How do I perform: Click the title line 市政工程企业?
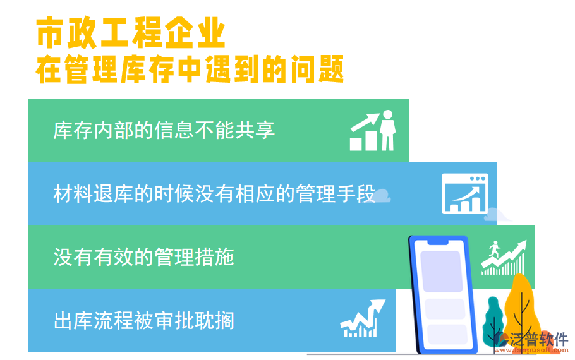[x=131, y=34]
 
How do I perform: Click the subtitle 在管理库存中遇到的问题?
[x=190, y=69]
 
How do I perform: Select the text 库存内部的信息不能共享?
[x=164, y=130]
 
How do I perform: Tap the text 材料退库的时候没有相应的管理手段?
[x=214, y=194]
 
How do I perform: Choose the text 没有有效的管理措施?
[x=144, y=257]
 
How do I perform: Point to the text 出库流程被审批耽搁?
[x=144, y=320]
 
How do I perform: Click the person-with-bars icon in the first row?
[x=373, y=131]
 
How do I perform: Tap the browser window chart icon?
[x=465, y=193]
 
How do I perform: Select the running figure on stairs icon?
[x=504, y=258]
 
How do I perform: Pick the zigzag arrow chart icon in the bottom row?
[x=363, y=318]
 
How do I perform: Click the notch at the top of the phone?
[x=439, y=241]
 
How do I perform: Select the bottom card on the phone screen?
[x=444, y=334]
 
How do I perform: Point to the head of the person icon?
[x=387, y=115]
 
